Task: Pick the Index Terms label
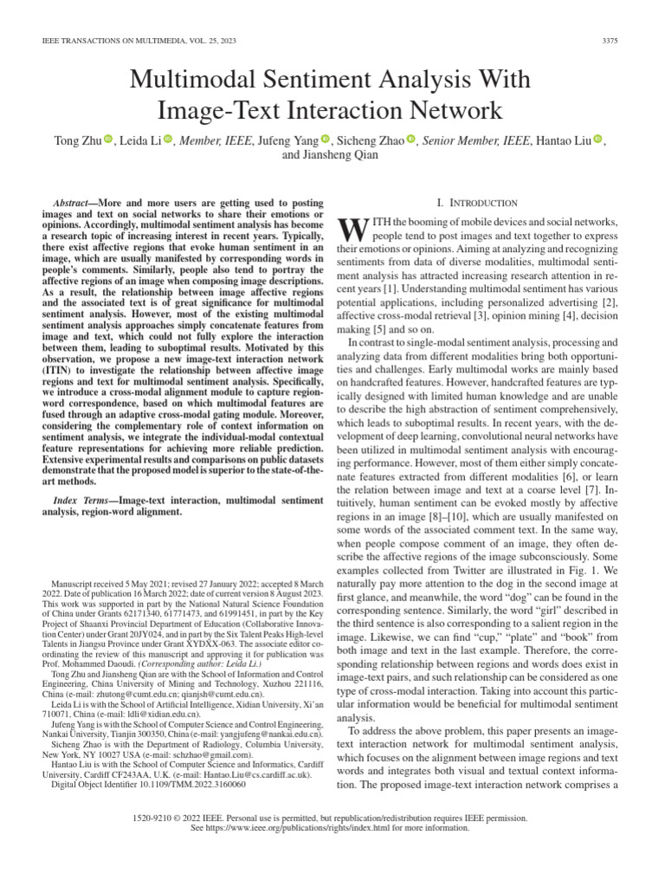[x=85, y=500]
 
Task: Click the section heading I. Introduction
[x=477, y=203]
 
